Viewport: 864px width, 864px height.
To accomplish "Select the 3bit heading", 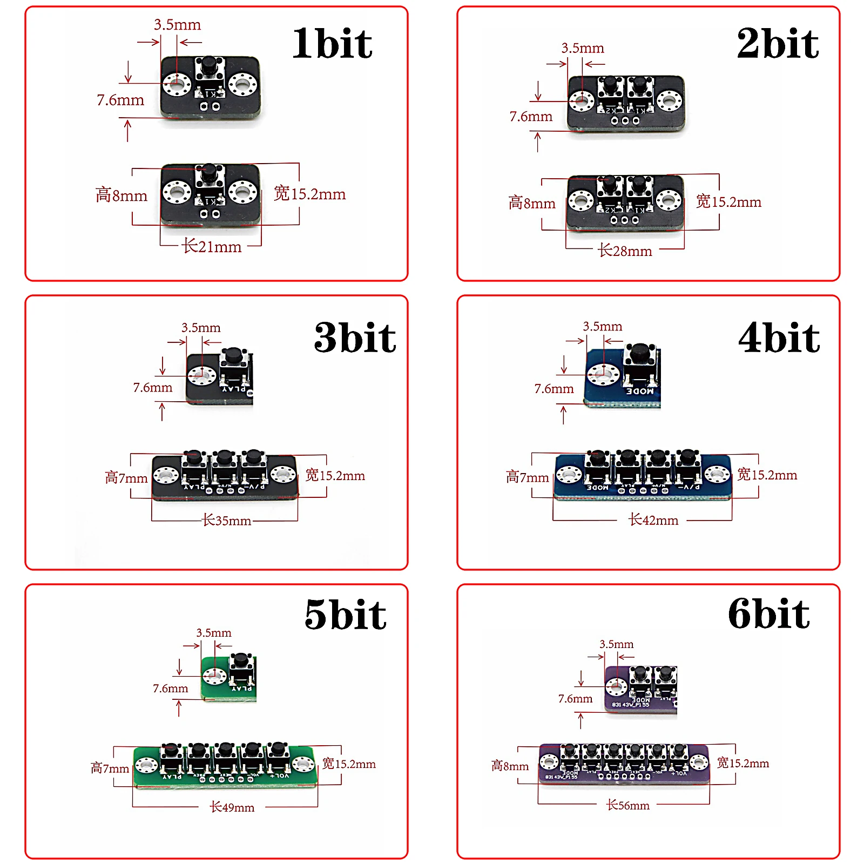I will coord(355,337).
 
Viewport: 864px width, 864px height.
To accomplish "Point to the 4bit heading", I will coord(779,337).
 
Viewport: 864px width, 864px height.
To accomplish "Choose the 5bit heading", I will coord(346,615).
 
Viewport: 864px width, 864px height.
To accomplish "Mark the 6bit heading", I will coord(769,613).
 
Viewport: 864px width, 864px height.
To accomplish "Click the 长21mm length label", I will coord(212,247).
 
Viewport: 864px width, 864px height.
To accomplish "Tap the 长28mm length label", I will coord(625,251).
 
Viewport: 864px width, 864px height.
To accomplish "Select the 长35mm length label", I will coord(227,521).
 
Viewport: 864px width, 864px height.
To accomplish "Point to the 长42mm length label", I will coord(653,520).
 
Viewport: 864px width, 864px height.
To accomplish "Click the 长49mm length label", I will coord(232,807).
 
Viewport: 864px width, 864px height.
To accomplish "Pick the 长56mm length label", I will coord(628,805).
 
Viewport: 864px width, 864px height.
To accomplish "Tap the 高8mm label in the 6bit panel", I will coord(510,766).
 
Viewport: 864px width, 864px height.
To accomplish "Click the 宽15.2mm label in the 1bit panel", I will coord(309,194).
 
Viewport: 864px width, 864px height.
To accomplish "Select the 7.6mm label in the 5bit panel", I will coord(170,688).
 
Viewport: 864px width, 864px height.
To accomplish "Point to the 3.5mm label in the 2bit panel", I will coord(583,48).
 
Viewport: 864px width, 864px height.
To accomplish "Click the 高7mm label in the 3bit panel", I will coord(126,478).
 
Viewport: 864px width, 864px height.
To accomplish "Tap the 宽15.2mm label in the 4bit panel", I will coord(767,475).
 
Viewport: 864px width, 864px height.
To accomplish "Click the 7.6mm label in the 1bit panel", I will coord(120,100).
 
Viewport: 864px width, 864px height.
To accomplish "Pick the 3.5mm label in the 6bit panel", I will coord(616,644).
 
